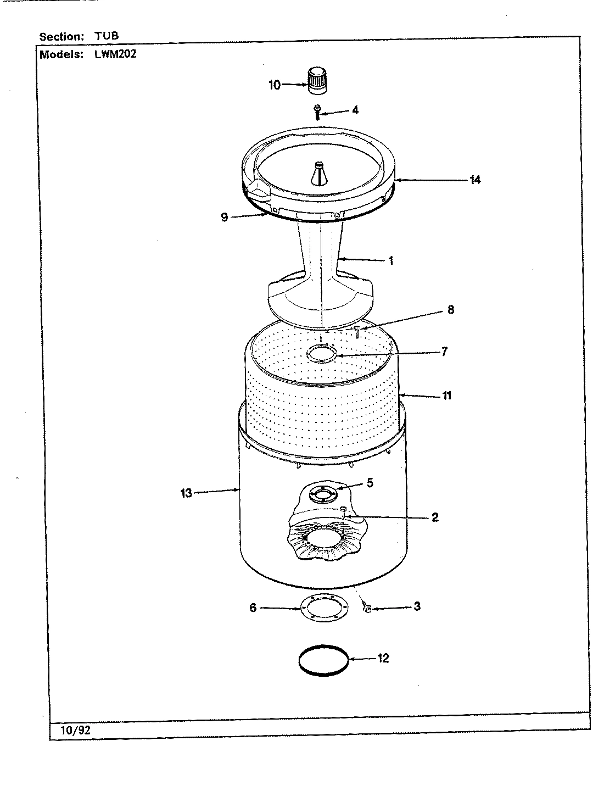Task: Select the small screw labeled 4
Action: coord(317,112)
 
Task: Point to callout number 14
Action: coord(475,180)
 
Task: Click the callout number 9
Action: coord(224,218)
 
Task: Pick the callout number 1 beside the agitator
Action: coord(391,261)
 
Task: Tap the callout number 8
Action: coord(450,310)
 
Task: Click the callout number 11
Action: coord(447,396)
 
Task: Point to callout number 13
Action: coord(187,493)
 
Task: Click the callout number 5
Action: coord(370,483)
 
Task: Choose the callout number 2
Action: coord(434,517)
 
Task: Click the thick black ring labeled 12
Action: coord(323,659)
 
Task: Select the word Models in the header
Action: coord(61,54)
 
